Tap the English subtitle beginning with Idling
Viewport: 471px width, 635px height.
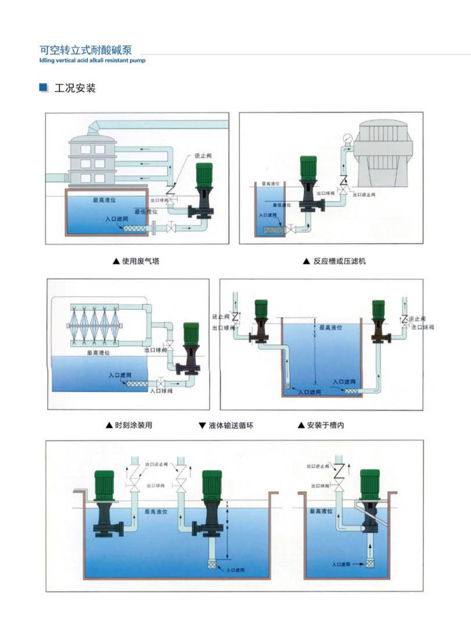coord(92,59)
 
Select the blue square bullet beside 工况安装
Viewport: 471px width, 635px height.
coord(44,88)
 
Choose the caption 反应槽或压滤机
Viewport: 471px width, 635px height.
coord(339,261)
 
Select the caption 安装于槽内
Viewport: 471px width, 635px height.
coord(325,425)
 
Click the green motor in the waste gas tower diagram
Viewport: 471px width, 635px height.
coord(203,176)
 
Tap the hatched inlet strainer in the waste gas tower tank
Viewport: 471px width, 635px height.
coord(137,229)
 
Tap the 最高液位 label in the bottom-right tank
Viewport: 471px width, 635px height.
coord(320,511)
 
